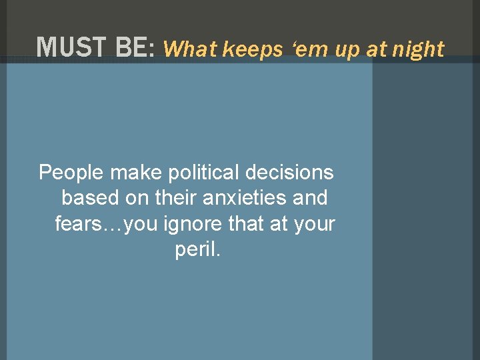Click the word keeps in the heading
tap(248, 49)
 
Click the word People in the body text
tap(71, 173)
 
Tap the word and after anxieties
tap(310, 198)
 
